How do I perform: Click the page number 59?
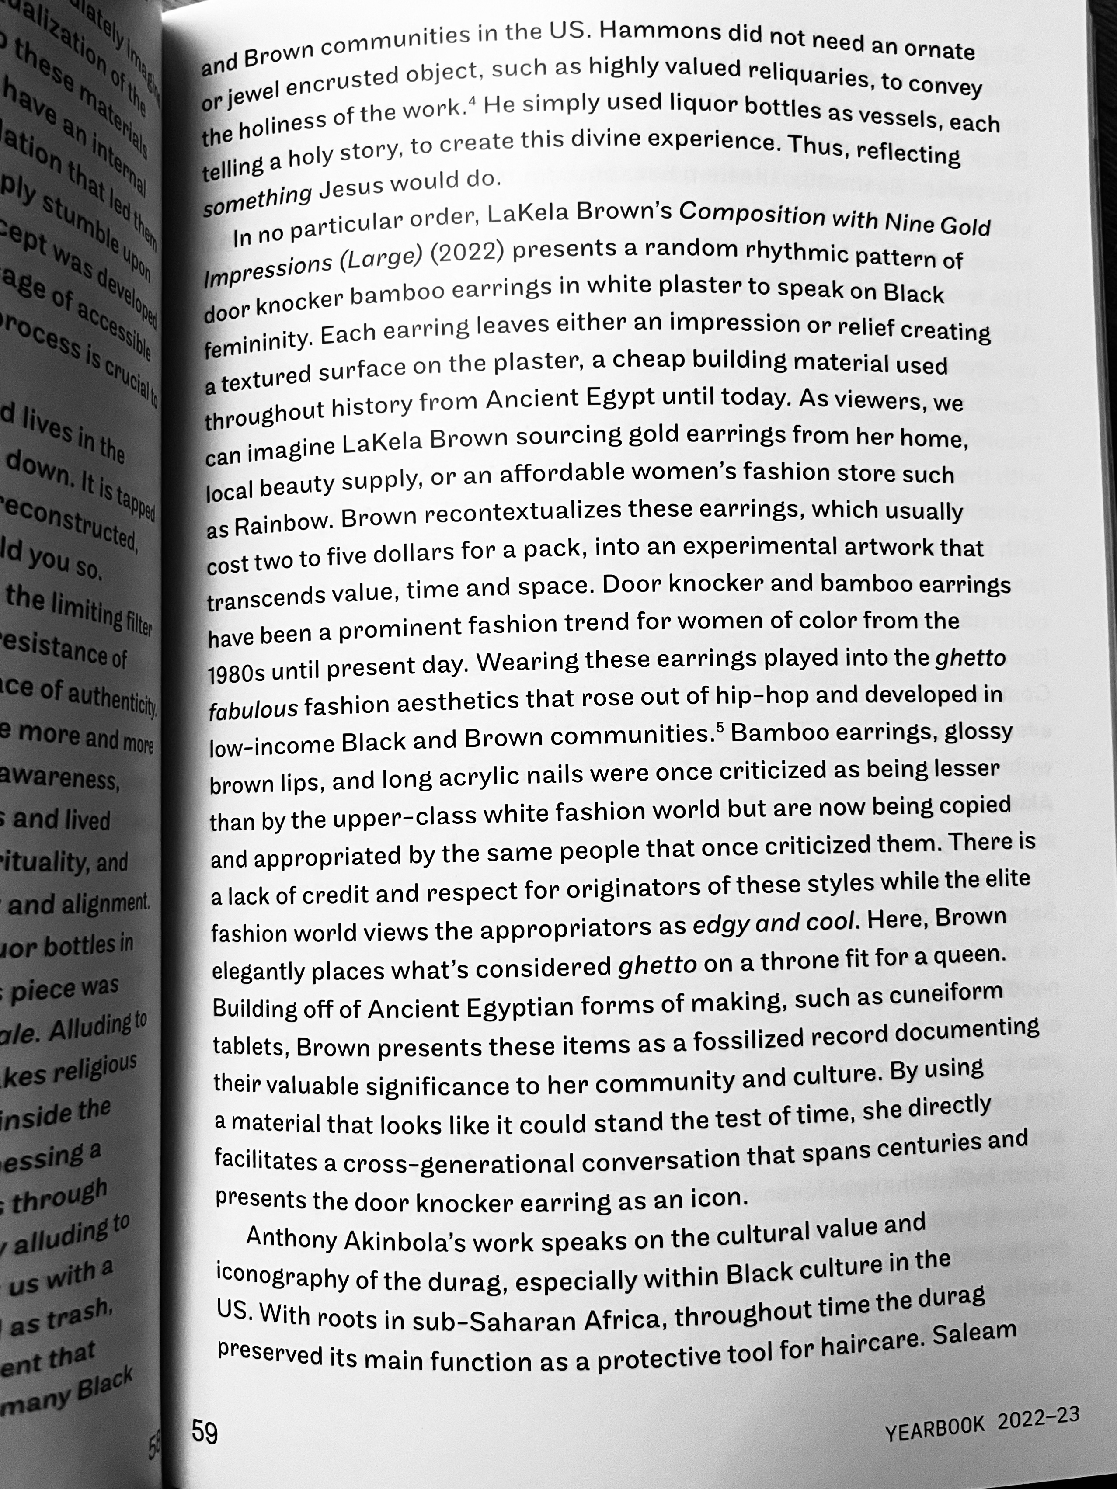point(205,1432)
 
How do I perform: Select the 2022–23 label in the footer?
point(1038,1416)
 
